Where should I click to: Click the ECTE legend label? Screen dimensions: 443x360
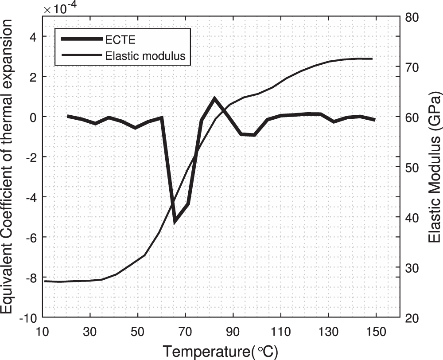(120, 40)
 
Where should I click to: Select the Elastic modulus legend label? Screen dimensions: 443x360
(145, 56)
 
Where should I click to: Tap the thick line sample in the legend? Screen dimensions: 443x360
(82, 39)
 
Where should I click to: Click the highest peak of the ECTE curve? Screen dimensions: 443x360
(214, 98)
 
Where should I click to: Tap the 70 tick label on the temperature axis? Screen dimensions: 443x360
(185, 332)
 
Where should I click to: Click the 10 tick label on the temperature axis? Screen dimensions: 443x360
(43, 332)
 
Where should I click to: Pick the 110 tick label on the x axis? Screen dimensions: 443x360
(280, 332)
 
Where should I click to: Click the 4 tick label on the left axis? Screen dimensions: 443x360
(34, 37)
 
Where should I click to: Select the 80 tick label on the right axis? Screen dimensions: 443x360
(412, 17)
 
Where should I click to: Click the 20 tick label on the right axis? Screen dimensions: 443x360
(412, 318)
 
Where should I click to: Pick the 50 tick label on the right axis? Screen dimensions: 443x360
(412, 168)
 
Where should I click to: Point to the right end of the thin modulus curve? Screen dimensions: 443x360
(373, 59)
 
